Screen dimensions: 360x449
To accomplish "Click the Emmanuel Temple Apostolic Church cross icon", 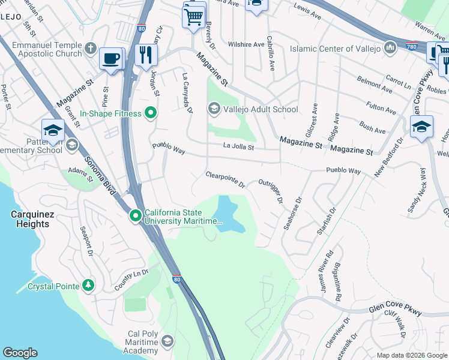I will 91,48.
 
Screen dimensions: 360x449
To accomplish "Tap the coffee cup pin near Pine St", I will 111,59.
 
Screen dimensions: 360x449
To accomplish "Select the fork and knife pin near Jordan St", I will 146,55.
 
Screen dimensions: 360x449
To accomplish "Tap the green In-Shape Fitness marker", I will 151,113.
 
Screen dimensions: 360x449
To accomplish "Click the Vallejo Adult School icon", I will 213,109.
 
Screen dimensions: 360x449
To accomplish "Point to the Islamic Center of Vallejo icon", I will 390,47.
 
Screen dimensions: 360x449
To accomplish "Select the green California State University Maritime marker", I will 136,215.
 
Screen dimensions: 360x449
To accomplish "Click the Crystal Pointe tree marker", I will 88,286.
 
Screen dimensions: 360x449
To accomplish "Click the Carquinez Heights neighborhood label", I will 29,219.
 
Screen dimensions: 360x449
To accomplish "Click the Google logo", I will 20,352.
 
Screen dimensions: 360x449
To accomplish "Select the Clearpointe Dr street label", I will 225,179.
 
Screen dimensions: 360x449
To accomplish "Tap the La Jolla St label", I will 239,146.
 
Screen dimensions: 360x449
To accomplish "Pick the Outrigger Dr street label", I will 270,190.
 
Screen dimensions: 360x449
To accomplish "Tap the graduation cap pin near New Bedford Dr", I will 421,127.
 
